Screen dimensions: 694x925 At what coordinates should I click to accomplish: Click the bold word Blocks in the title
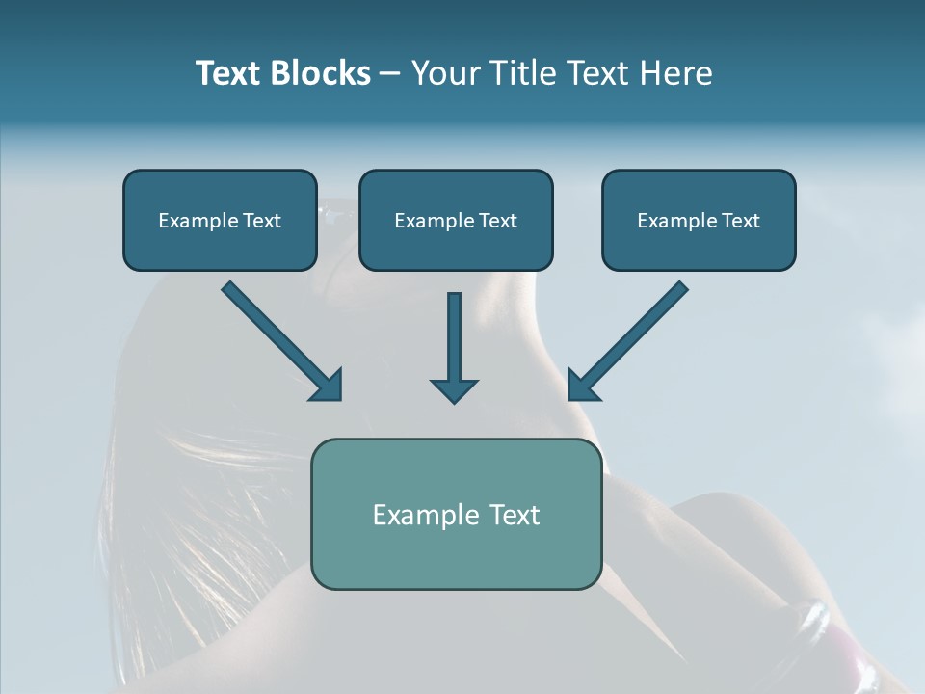coord(320,73)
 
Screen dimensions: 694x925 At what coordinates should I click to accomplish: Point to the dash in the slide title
coord(390,74)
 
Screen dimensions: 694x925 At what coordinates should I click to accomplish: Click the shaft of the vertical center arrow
coord(454,333)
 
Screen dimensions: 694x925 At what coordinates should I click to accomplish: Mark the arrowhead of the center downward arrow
coord(454,390)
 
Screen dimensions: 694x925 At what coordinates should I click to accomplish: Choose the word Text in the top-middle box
coord(496,221)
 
